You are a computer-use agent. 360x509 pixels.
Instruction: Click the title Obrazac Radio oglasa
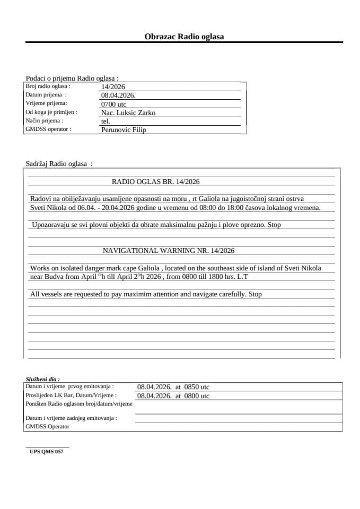[x=184, y=37]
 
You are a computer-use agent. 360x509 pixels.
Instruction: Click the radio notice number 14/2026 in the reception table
[x=113, y=87]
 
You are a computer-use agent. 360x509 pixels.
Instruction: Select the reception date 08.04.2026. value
[x=118, y=95]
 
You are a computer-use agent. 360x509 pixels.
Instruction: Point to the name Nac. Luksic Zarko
[x=128, y=113]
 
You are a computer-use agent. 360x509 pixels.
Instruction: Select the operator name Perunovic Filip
[x=123, y=130]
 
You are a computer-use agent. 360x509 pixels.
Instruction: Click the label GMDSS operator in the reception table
[x=48, y=129]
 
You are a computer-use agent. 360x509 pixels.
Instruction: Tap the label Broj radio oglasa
[x=48, y=86]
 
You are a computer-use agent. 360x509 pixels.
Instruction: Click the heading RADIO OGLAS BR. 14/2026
[x=155, y=181]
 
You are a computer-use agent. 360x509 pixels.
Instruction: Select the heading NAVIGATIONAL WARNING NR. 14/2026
[x=169, y=250]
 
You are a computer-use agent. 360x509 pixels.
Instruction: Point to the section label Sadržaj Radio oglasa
[x=59, y=164]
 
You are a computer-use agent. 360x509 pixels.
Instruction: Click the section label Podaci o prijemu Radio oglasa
[x=72, y=78]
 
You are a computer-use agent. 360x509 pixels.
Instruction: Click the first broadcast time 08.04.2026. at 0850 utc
[x=173, y=387]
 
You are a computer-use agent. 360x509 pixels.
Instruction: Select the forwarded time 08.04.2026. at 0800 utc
[x=173, y=396]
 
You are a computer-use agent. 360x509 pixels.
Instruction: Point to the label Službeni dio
[x=42, y=380]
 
